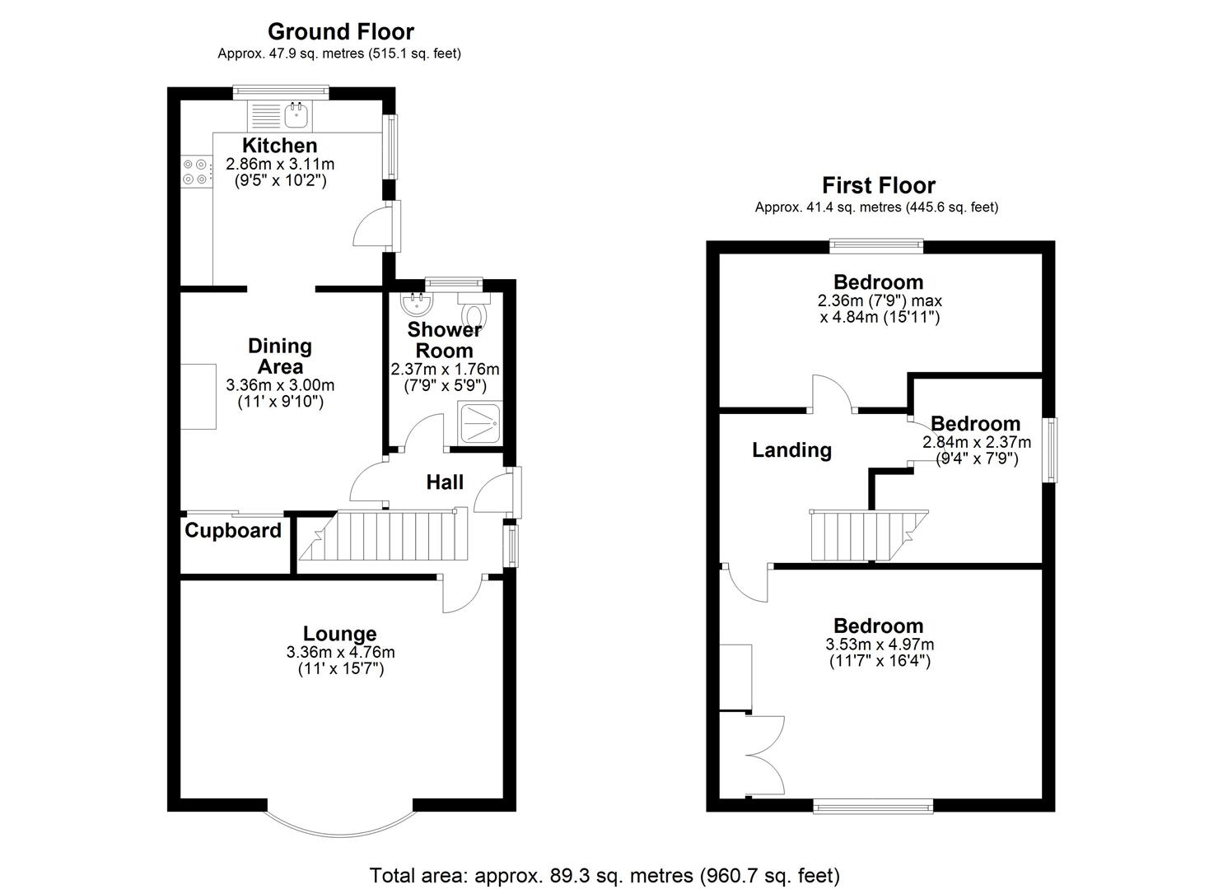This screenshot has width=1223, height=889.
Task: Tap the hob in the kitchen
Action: tap(195, 171)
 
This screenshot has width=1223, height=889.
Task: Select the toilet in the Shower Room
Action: tap(474, 314)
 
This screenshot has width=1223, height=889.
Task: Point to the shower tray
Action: tap(480, 422)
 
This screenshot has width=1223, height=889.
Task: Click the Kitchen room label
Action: tap(279, 146)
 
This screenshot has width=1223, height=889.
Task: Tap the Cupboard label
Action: tap(233, 531)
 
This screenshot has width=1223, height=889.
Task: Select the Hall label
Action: tap(445, 482)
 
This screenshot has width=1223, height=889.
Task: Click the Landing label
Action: tap(791, 450)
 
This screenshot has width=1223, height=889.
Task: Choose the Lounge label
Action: tap(339, 634)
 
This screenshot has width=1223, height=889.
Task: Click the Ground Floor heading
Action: tap(340, 32)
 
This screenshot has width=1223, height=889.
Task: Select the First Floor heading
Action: tap(879, 185)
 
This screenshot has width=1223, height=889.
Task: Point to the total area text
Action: tap(604, 875)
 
